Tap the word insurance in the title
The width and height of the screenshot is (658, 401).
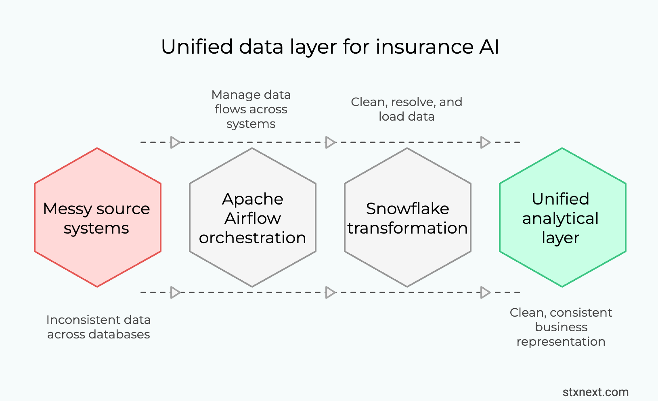tap(424, 47)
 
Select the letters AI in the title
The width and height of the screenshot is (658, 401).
tap(489, 47)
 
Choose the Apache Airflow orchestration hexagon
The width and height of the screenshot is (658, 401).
tap(252, 262)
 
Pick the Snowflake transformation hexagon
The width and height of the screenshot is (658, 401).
tap(407, 262)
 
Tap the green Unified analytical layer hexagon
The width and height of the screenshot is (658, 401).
tap(562, 262)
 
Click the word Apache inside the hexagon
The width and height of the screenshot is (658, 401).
tap(253, 199)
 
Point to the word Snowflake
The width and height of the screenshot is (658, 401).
tap(407, 209)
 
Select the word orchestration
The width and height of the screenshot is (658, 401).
tap(252, 238)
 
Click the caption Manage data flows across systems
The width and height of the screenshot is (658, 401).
tap(251, 109)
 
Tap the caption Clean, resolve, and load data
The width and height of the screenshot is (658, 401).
tap(407, 109)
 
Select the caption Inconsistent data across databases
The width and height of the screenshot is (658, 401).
tap(98, 327)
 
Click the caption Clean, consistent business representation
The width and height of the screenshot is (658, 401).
tap(561, 327)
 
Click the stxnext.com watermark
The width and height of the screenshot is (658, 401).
tap(595, 392)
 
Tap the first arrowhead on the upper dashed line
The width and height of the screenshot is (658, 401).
tap(175, 142)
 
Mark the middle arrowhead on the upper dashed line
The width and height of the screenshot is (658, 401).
tap(330, 142)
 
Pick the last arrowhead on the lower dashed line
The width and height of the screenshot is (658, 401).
tap(485, 292)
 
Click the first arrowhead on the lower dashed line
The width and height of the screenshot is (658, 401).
tap(175, 292)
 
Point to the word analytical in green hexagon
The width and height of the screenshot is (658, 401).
tap(560, 218)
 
